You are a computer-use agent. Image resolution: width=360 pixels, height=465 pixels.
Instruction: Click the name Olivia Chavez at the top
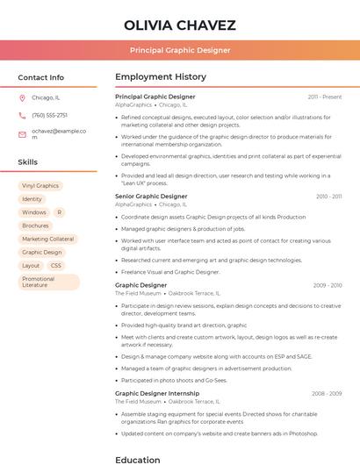click(179, 24)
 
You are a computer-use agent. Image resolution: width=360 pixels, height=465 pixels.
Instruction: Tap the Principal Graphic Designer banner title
click(179, 50)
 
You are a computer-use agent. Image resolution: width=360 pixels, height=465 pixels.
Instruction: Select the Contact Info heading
click(40, 77)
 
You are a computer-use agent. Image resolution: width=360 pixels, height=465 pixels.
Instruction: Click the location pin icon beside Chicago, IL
click(22, 97)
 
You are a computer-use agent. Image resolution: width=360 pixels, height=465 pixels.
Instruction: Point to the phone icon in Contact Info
click(22, 115)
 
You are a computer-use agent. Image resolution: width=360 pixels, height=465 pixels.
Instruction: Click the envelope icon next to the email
click(22, 134)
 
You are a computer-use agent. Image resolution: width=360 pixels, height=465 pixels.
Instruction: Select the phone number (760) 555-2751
click(49, 115)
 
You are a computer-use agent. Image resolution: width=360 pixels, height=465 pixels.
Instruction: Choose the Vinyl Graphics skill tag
click(40, 186)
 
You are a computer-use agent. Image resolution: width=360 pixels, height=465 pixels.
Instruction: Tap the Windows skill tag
click(34, 212)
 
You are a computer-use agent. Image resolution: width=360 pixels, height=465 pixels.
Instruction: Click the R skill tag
click(59, 212)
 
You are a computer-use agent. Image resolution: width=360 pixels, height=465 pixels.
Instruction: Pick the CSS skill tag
click(56, 265)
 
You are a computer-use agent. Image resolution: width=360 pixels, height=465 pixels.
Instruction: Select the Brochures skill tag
click(35, 225)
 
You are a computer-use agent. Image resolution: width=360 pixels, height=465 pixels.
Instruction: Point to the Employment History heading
click(161, 77)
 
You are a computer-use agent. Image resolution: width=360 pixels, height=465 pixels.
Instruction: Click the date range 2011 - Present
click(325, 97)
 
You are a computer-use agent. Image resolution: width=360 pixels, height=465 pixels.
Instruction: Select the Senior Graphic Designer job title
click(151, 197)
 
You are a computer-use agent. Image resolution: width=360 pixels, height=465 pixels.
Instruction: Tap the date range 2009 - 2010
click(327, 285)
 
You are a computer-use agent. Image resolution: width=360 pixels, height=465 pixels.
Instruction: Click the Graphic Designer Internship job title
click(157, 394)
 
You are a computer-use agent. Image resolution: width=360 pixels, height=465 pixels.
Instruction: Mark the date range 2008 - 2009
click(327, 394)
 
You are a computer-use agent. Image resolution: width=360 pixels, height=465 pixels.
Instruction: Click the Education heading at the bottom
click(139, 459)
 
